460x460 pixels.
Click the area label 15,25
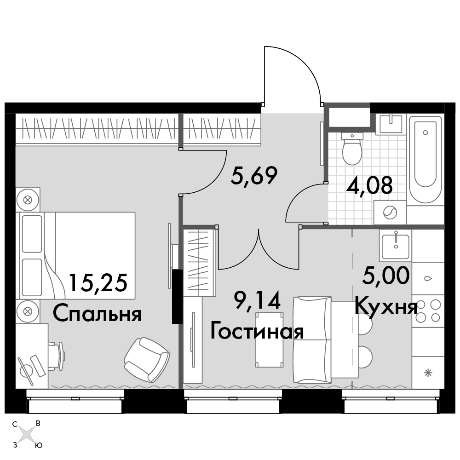pyautogui.click(x=98, y=282)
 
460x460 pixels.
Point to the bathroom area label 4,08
pyautogui.click(x=369, y=185)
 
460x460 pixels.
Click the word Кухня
pyautogui.click(x=386, y=307)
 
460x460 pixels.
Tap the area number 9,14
pyautogui.click(x=257, y=301)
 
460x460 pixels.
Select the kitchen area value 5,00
pyautogui.click(x=386, y=276)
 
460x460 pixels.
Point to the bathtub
pyautogui.click(x=425, y=160)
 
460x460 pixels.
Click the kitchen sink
pyautogui.click(x=396, y=246)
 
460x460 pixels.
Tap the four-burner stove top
pyautogui.click(x=428, y=310)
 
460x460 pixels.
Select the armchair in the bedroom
pyautogui.click(x=147, y=360)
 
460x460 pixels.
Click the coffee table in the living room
pyautogui.click(x=270, y=340)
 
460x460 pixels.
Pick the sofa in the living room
pyautogui.click(x=312, y=340)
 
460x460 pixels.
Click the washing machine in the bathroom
pyautogui.click(x=390, y=213)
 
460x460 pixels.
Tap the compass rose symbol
pyautogui.click(x=27, y=434)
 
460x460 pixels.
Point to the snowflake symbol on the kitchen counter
pyautogui.click(x=429, y=373)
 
